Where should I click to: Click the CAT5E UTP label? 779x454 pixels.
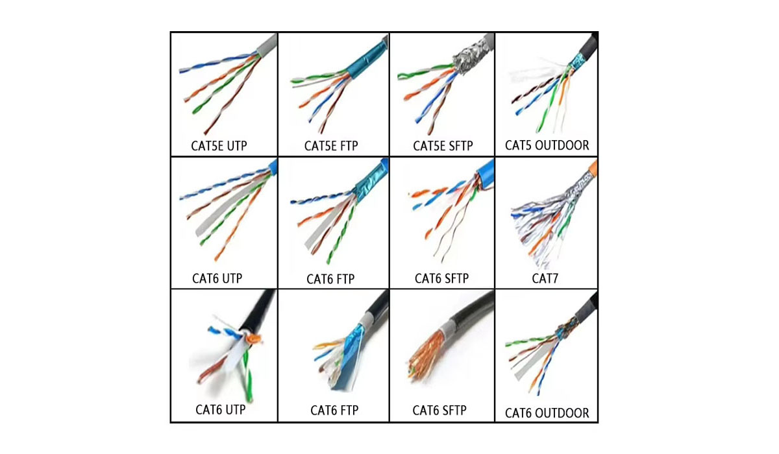(219, 145)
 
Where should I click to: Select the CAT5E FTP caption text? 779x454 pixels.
(331, 145)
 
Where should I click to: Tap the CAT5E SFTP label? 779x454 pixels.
(443, 145)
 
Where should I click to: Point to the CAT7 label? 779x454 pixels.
(545, 278)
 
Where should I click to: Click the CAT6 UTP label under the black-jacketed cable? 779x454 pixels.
(221, 409)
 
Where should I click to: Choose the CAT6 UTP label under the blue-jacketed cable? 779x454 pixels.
(217, 278)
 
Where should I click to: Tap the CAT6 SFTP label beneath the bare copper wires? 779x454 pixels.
(439, 410)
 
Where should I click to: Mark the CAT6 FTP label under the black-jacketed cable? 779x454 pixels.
(334, 410)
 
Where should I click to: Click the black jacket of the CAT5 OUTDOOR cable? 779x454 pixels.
(587, 47)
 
